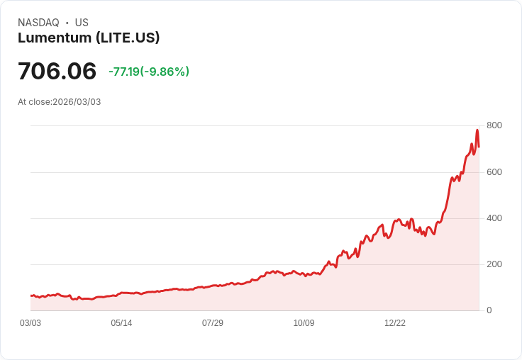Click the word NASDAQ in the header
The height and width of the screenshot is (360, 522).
[38, 23]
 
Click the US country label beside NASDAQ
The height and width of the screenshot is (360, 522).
[82, 23]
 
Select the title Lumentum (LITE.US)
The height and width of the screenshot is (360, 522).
[89, 38]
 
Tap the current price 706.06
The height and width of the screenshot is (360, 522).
[57, 72]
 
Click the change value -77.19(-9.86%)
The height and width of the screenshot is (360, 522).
[149, 72]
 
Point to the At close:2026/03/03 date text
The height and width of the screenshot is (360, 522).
[60, 102]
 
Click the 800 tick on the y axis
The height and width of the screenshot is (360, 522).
[494, 125]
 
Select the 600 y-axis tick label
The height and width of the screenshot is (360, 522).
[494, 172]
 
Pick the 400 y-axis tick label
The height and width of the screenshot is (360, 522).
[494, 218]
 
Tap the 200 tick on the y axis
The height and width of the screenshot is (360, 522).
[494, 264]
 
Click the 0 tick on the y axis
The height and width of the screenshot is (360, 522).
[489, 310]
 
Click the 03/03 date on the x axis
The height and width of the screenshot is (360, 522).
[30, 323]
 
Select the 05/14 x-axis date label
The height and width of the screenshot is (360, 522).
[121, 323]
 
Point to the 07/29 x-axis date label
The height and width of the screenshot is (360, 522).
[213, 323]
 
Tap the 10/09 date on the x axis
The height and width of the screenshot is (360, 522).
[304, 323]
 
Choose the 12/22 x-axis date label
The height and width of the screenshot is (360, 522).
[395, 323]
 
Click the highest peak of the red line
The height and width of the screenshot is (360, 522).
[477, 130]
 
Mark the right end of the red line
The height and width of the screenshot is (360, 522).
[479, 147]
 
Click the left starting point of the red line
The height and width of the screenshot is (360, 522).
[30, 296]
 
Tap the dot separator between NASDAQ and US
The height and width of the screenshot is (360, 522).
[67, 23]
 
